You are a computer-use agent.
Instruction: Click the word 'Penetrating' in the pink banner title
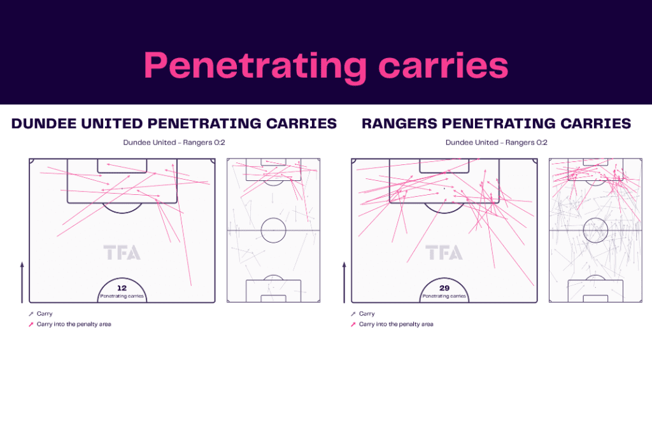[x=255, y=66]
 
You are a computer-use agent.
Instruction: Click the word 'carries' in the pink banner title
[x=443, y=66]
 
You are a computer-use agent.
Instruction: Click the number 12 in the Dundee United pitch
[x=122, y=288]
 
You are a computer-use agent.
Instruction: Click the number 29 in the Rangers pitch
[x=444, y=288]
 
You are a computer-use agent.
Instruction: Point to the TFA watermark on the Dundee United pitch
[x=122, y=252]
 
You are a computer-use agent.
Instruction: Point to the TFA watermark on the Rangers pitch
[x=444, y=252]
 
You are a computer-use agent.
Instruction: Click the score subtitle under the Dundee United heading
[x=174, y=142]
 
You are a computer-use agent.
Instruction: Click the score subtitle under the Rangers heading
[x=497, y=142]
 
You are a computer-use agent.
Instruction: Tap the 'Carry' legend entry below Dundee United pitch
[x=45, y=313]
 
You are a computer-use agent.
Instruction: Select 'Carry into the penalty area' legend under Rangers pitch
[x=396, y=324]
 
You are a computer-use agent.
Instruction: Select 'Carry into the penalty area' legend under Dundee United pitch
[x=74, y=324]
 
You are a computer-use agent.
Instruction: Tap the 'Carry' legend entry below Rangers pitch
[x=367, y=313]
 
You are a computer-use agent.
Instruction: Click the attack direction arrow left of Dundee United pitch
[x=22, y=282]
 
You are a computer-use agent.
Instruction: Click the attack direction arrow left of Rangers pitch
[x=344, y=282]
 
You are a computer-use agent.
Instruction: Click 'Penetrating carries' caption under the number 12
[x=122, y=296]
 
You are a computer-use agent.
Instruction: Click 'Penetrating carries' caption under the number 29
[x=444, y=296]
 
